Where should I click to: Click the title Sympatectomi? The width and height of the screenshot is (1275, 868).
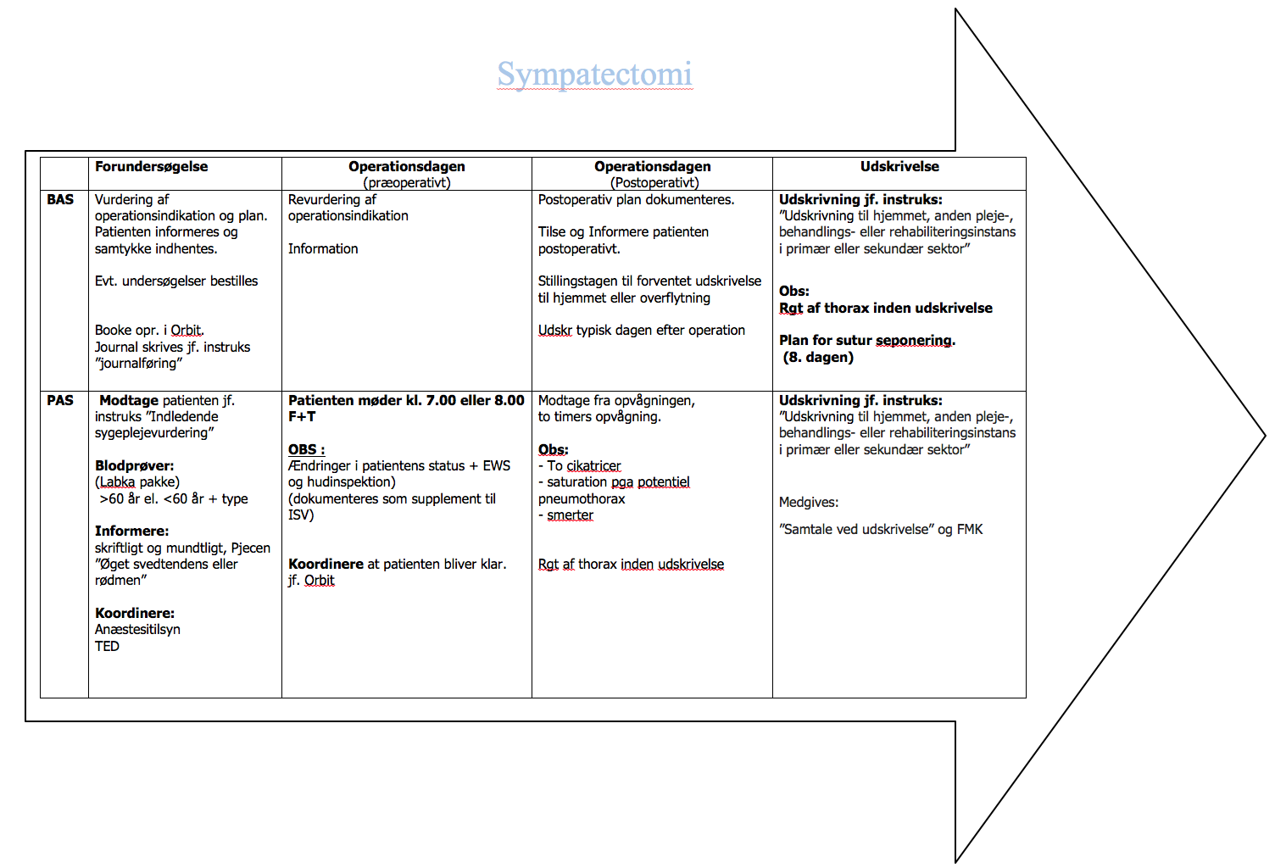[594, 75]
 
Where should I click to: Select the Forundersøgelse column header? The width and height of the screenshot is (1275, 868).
[151, 167]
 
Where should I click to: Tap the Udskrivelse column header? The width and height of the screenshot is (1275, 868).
[899, 167]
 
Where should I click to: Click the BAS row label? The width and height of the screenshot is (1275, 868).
[60, 200]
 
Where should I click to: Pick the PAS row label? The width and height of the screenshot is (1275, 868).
[60, 401]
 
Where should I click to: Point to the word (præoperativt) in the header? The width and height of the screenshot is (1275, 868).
[407, 182]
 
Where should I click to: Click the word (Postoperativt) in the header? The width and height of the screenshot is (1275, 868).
[654, 182]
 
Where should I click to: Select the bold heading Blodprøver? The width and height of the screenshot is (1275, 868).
[134, 466]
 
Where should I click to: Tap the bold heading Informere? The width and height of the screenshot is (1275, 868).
[131, 531]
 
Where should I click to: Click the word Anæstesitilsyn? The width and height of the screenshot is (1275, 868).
[137, 630]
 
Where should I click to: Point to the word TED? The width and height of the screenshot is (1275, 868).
[107, 647]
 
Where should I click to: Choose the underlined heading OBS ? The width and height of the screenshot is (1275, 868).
[306, 450]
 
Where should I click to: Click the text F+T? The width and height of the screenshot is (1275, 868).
[302, 417]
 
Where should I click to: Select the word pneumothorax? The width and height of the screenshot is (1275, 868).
[582, 499]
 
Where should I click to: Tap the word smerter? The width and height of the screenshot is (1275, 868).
[570, 515]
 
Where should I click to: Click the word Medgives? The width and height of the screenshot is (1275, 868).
[809, 503]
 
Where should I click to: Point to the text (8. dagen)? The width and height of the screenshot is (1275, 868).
[818, 358]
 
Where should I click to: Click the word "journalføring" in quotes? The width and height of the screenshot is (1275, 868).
[139, 364]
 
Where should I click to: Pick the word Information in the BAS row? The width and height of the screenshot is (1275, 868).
[323, 249]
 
